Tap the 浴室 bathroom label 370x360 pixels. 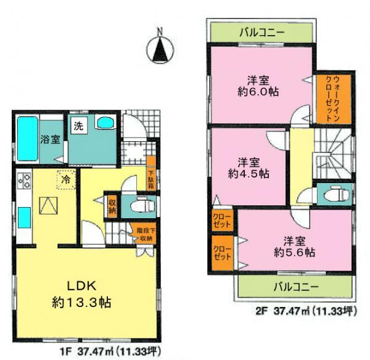tap(49, 138)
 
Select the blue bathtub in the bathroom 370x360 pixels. tap(27, 138)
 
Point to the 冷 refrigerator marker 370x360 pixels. tap(65, 179)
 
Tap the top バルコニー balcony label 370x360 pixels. tap(261, 33)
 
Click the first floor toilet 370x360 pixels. tap(136, 205)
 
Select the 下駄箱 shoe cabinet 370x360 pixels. tap(151, 178)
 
